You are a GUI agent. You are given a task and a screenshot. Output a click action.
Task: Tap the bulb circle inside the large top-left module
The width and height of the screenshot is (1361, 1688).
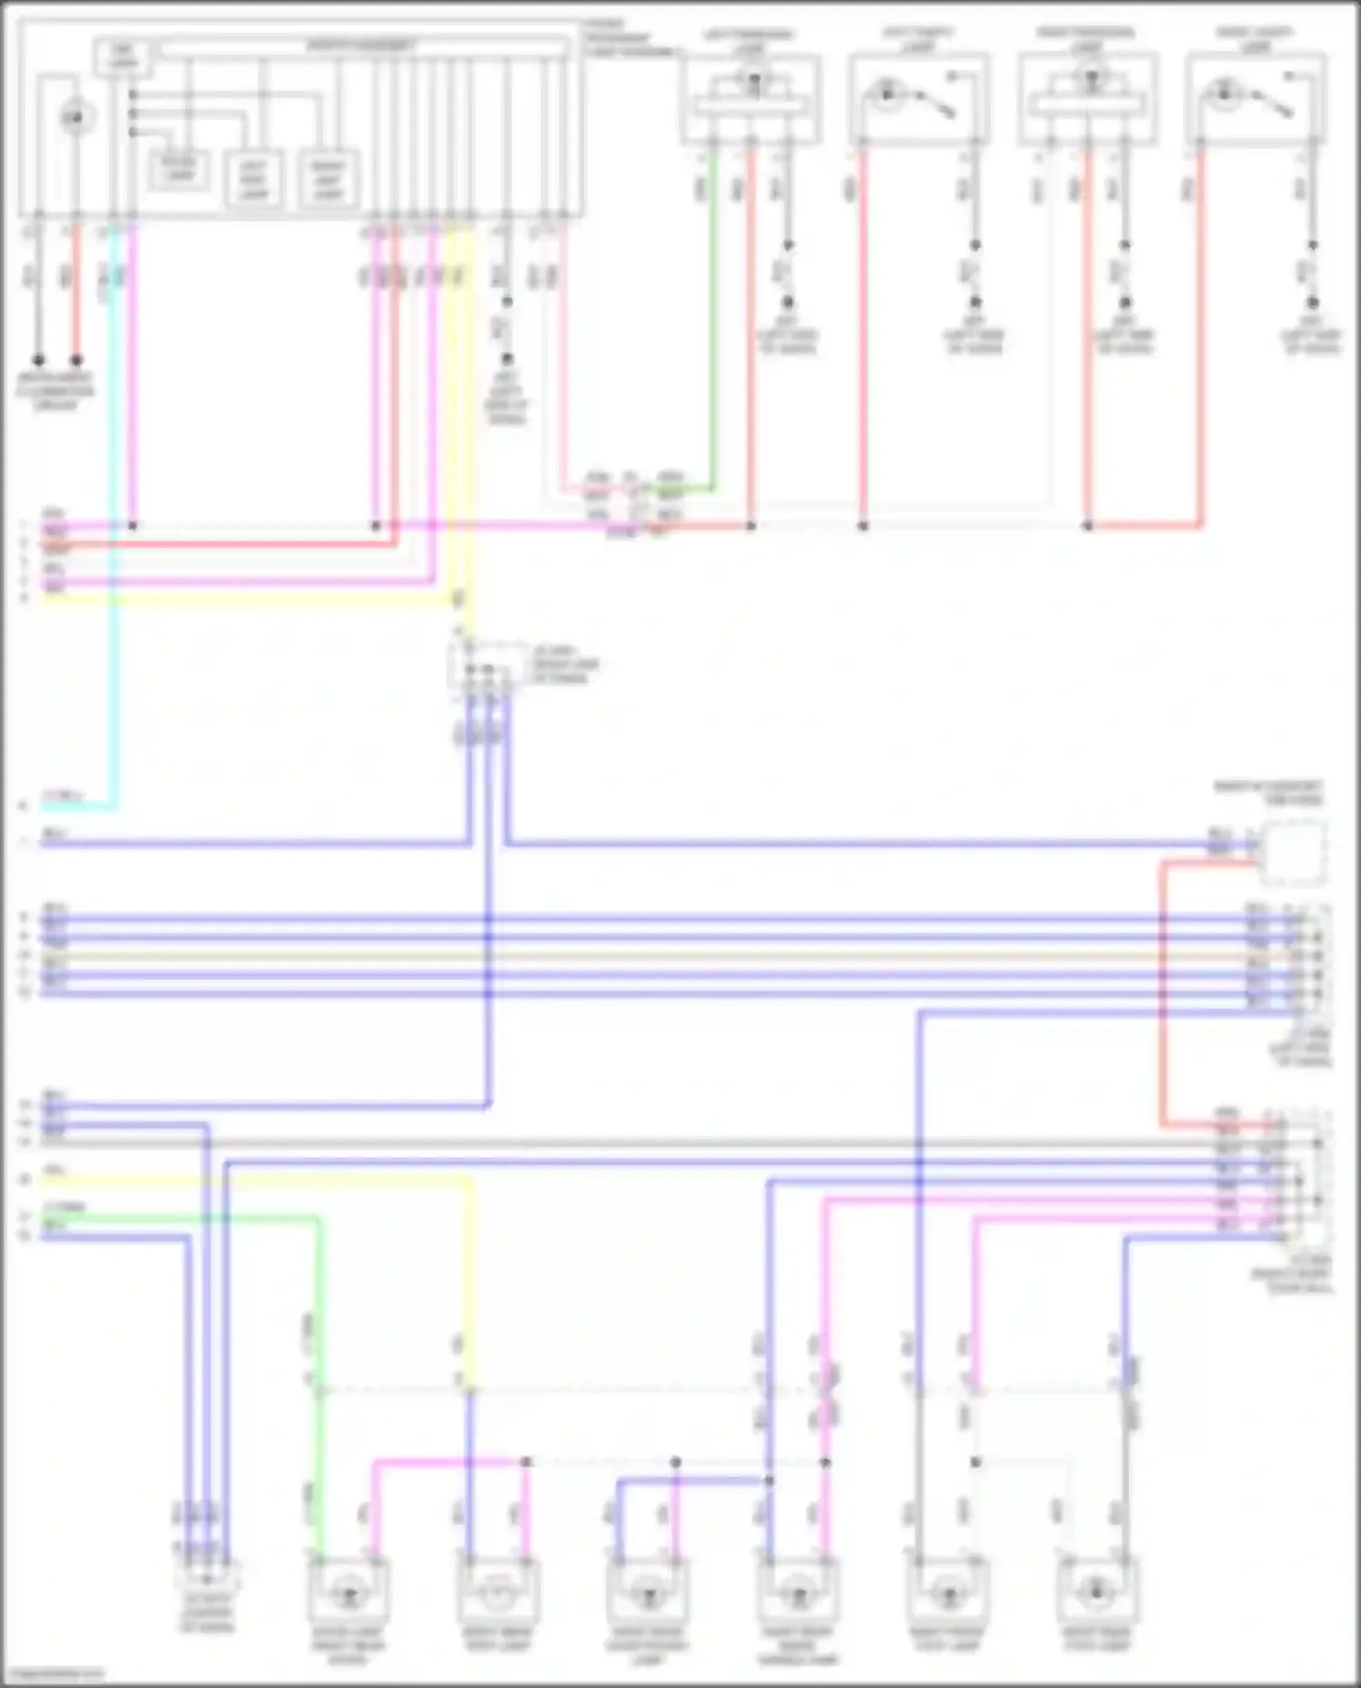pyautogui.click(x=76, y=117)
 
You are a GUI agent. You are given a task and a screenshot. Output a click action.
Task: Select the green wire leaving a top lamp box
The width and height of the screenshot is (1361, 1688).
pyautogui.click(x=713, y=317)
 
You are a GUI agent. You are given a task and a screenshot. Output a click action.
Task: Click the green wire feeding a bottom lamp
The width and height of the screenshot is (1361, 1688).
pyautogui.click(x=319, y=1361)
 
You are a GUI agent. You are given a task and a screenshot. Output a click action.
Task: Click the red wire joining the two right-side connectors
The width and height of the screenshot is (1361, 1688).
pyautogui.click(x=1162, y=998)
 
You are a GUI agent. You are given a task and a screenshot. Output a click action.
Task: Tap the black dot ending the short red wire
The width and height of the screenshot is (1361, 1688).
pyautogui.click(x=76, y=360)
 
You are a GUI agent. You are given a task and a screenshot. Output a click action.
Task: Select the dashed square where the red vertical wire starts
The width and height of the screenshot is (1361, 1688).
pyautogui.click(x=1293, y=853)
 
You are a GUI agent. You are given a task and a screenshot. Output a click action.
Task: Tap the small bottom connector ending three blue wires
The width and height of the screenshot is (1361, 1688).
pyautogui.click(x=208, y=1579)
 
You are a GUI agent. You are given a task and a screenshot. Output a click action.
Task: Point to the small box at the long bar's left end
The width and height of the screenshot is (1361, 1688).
pyautogui.click(x=122, y=57)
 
